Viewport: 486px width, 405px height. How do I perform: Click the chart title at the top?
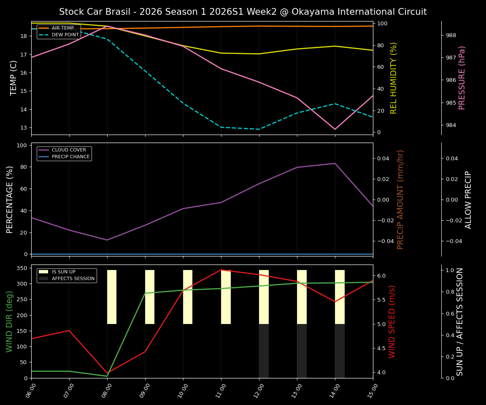pos(243,12)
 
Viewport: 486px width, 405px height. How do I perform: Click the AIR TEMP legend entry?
pos(62,28)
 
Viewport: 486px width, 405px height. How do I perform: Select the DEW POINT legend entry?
pos(65,35)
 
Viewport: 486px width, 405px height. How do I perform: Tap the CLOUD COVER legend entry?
pos(69,150)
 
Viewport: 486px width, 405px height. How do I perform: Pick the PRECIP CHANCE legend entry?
pos(70,157)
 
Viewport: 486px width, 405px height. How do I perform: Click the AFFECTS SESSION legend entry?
pos(73,279)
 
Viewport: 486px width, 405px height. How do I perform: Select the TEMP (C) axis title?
pos(14,78)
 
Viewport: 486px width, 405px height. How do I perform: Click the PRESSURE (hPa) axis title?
pos(462,78)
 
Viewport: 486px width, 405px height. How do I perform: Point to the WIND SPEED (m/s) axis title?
pos(392,321)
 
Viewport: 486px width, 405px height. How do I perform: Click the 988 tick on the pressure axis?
pos(451,35)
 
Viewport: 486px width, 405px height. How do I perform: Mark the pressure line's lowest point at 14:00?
pos(335,129)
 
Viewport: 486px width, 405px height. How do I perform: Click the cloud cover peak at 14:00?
pos(335,163)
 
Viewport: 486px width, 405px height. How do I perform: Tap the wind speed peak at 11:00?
pos(221,270)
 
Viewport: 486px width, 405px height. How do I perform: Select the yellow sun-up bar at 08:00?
pos(112,297)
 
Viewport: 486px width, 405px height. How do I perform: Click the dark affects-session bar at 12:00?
pos(264,351)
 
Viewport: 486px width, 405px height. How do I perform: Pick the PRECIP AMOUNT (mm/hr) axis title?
pos(400,200)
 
